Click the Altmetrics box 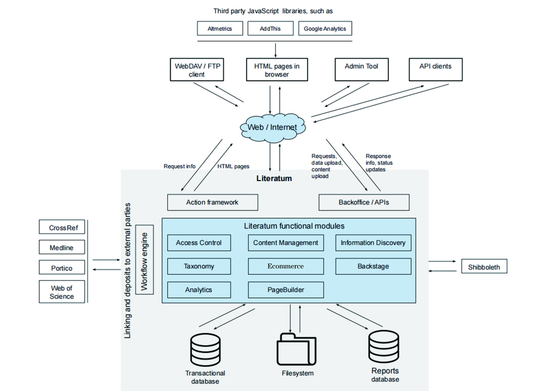[220, 29]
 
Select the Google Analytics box [325, 29]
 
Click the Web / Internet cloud [271, 127]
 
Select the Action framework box [212, 202]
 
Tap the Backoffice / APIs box [363, 202]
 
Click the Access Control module [199, 243]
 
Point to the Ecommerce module [285, 266]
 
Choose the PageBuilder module [285, 290]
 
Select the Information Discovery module [373, 243]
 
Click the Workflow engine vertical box [145, 260]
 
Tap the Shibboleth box [484, 267]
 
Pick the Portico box [61, 268]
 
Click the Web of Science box [61, 292]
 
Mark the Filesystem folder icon [297, 348]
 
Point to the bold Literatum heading [274, 179]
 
